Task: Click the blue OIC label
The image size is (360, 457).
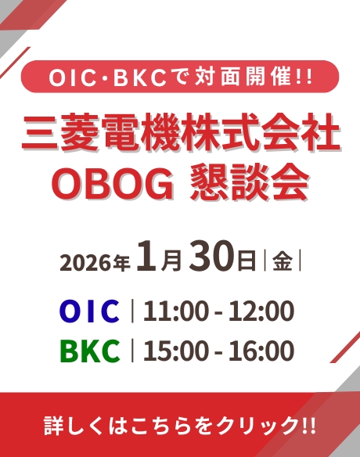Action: [x=89, y=311]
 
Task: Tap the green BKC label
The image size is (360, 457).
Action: [x=90, y=351]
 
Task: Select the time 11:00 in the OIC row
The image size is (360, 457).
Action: [x=175, y=311]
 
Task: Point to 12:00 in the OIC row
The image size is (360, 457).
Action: [x=261, y=311]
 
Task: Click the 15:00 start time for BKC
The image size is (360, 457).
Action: [x=175, y=351]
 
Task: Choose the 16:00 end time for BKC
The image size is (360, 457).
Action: [x=261, y=351]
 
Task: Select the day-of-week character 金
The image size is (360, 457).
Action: [x=283, y=261]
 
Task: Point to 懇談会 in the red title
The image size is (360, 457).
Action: [x=250, y=183]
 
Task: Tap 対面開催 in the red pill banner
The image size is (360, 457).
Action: [x=243, y=77]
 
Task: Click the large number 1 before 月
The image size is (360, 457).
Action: [x=147, y=257]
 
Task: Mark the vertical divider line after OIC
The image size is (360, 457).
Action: [x=132, y=311]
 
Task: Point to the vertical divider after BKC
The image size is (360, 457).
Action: [x=132, y=351]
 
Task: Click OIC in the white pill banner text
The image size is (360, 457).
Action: [x=73, y=77]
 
